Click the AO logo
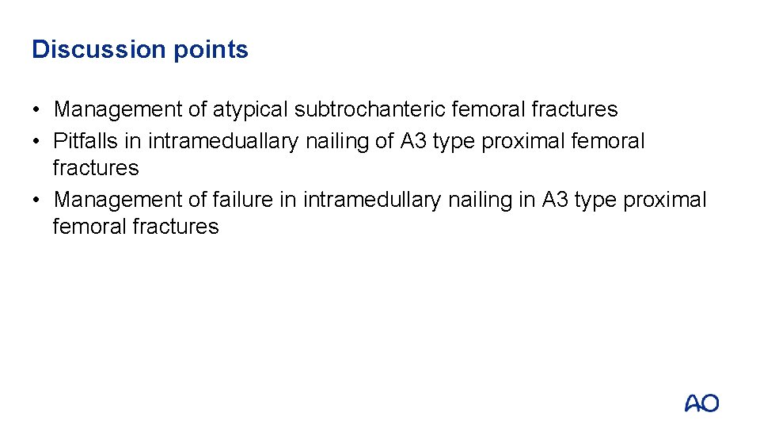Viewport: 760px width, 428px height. point(701,403)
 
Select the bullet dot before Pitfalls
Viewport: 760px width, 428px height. point(37,141)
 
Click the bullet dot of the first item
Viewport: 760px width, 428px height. point(37,109)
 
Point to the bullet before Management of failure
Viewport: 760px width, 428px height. point(37,200)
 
